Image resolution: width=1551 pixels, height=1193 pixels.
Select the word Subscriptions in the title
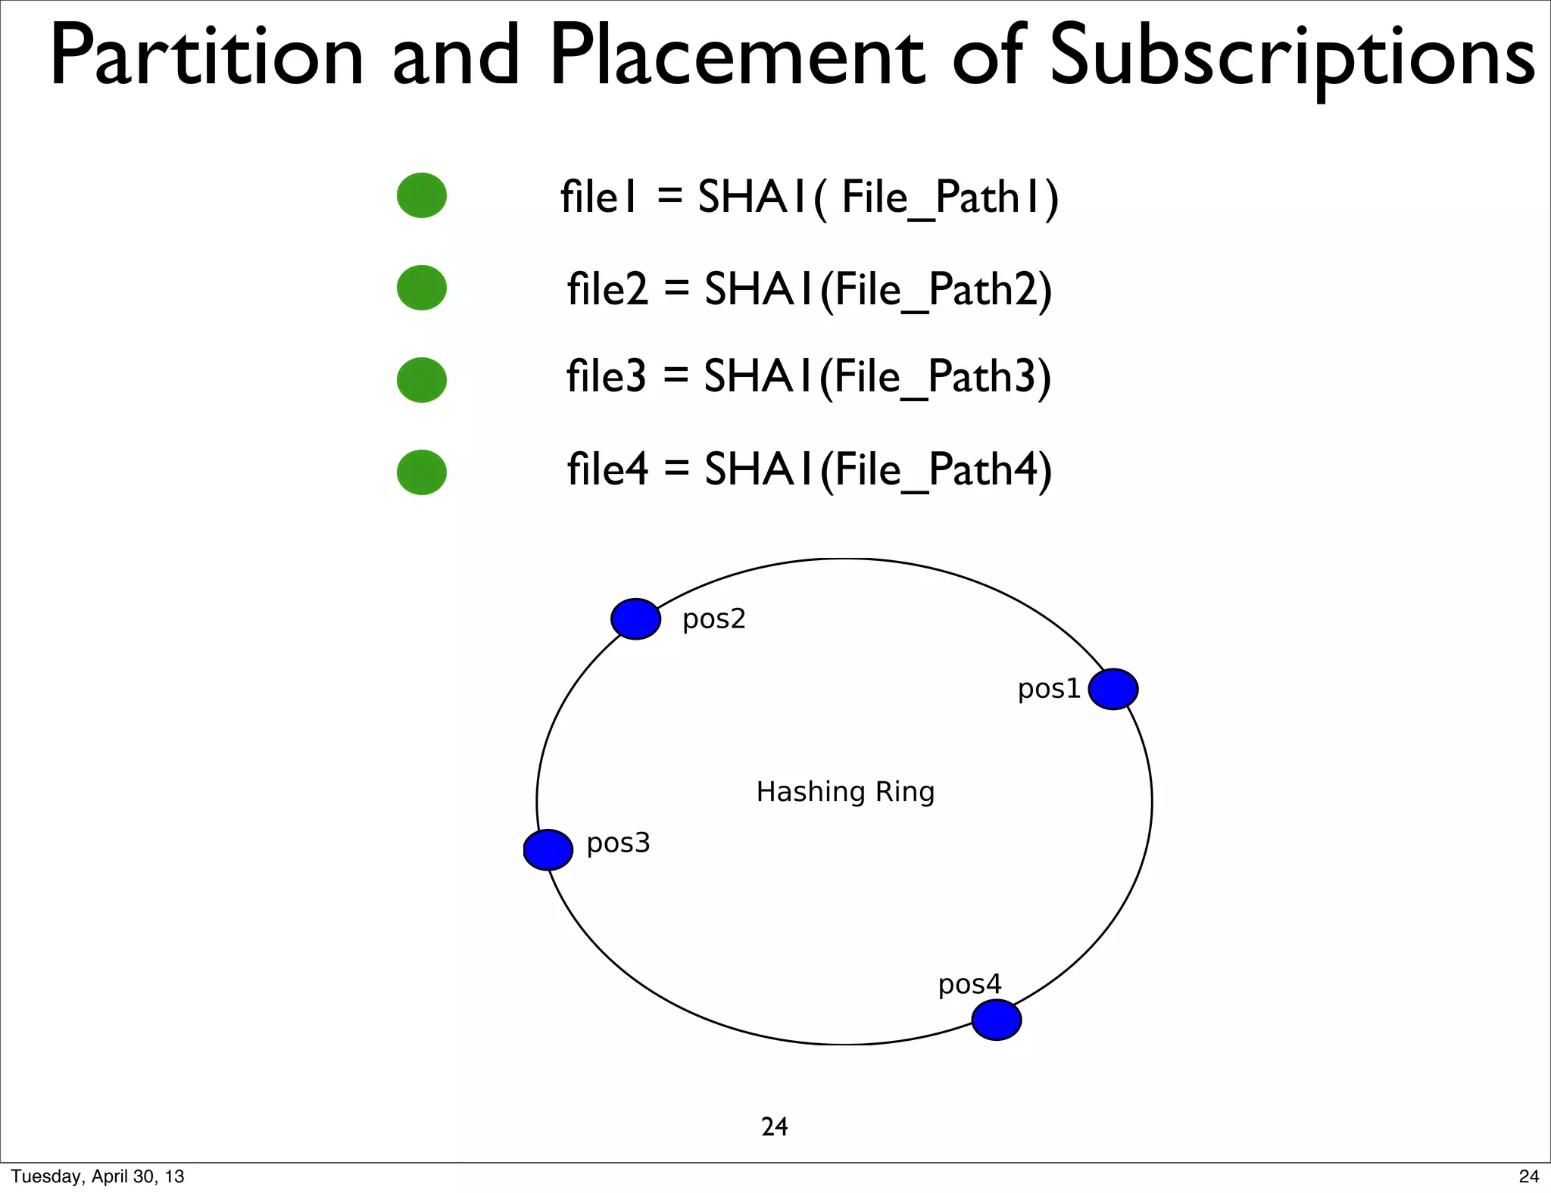pos(1292,58)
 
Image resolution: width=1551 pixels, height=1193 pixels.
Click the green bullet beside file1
pos(422,195)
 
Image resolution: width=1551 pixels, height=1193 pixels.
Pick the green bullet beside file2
pos(422,288)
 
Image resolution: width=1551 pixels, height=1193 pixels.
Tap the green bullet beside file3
pos(422,380)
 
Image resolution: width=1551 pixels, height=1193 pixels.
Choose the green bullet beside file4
pos(422,472)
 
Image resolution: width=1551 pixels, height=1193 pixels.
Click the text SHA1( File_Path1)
pos(878,198)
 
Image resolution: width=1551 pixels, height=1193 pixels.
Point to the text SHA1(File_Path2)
pos(878,290)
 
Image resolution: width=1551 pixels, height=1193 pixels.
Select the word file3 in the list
pos(607,376)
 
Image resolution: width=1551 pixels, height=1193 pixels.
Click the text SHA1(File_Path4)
pos(878,470)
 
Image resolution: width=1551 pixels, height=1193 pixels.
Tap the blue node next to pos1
pos(1113,689)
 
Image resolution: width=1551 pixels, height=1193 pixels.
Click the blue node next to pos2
pos(635,619)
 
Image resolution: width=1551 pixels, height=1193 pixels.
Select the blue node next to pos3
pos(548,849)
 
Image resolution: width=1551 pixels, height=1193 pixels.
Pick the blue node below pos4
pos(996,1020)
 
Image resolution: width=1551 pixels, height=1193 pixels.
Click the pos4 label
pos(969,985)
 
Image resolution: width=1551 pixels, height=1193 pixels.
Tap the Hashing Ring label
pos(845,792)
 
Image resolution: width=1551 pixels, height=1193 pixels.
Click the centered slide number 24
pos(774,1127)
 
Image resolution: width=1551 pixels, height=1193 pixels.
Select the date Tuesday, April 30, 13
pos(98,1176)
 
